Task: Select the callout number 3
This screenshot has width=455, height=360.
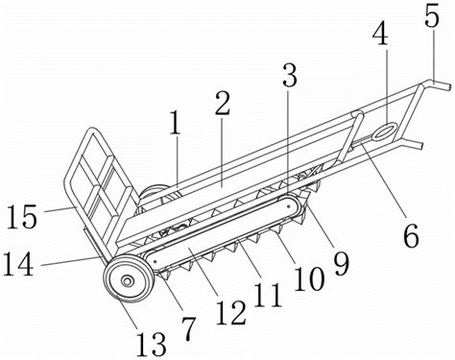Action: coord(290,75)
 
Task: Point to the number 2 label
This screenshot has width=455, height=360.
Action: coord(223,103)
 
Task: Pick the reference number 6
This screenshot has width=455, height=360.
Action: coord(411,235)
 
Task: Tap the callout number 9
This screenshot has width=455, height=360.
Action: coord(342,263)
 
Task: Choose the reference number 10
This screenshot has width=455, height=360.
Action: coord(309,278)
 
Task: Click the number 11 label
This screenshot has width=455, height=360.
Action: coord(268,295)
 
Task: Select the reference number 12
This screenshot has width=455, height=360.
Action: coord(231,312)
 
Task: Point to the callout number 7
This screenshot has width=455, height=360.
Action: coord(188,328)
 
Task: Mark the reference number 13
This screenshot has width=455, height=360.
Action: coord(151,344)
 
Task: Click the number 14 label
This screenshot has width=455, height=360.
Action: coord(18,264)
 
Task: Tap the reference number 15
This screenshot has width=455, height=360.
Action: coord(22,216)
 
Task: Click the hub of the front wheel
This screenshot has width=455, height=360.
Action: coord(128,281)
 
